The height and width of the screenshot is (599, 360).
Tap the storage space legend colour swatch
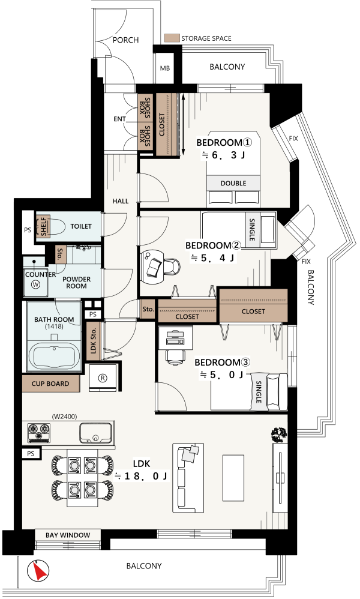pos(172,38)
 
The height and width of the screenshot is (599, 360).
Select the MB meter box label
pos(165,68)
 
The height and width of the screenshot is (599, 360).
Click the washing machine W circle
pos(36,284)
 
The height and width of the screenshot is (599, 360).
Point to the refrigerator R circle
pos(103,378)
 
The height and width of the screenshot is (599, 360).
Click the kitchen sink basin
pos(96,433)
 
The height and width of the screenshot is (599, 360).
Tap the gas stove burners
pos(39,433)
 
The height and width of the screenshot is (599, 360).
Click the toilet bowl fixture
pos(58,226)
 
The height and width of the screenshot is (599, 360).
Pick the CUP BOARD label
pos(50,384)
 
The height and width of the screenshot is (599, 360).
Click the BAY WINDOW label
pos(68,535)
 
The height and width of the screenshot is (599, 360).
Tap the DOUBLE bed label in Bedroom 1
pos(233,184)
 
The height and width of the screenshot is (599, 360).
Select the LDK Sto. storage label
pos(94,341)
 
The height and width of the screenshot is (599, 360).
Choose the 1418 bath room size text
pos(54,327)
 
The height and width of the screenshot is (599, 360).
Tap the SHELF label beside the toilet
pos(44,226)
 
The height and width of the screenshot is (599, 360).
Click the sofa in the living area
pos(188,478)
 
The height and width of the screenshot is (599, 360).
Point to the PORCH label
pos(125,40)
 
